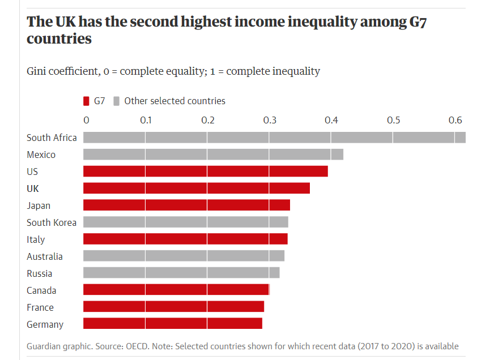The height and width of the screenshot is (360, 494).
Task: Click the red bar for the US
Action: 205,172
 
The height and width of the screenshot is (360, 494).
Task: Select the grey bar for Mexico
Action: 213,155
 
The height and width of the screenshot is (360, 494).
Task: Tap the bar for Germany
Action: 172,324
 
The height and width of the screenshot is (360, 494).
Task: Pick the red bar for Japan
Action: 186,205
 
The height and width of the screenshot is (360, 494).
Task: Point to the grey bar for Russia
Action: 181,273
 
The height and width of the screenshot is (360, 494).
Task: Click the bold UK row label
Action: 33,188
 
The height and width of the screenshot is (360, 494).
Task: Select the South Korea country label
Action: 52,222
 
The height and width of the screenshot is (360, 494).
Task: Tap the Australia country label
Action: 45,256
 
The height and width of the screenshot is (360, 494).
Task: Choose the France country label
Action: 40,307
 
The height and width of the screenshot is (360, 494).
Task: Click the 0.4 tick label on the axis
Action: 331,120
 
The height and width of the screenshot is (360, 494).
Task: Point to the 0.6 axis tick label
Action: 455,120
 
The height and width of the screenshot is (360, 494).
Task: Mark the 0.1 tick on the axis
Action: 146,120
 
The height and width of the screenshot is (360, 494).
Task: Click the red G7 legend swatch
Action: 86,101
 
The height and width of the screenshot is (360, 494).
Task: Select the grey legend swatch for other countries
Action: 116,101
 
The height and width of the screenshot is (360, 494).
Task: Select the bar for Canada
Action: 176,290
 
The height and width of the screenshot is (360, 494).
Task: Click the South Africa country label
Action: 52,138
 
